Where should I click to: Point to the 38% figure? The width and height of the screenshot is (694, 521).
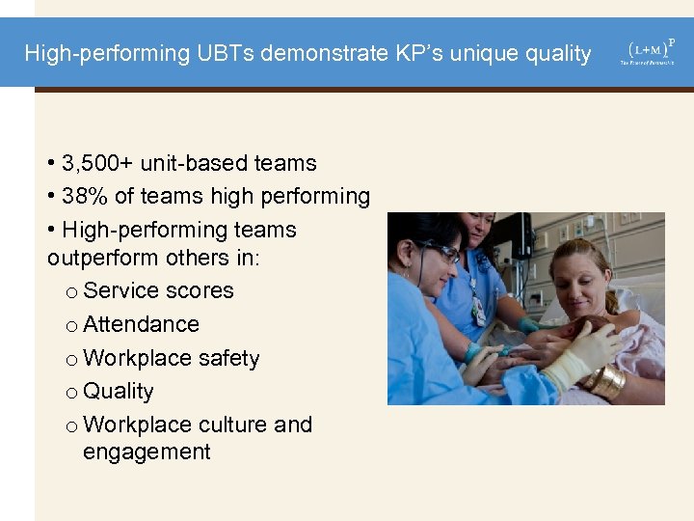point(85,197)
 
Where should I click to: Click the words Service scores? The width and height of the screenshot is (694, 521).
point(159,290)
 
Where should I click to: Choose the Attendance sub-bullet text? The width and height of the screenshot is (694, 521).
point(142,324)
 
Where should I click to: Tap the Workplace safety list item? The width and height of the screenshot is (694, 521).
point(172,358)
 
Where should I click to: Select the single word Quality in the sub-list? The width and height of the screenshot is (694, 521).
point(119,391)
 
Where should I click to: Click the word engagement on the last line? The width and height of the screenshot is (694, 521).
point(147,452)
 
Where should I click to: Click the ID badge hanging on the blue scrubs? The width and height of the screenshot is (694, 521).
point(478,311)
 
